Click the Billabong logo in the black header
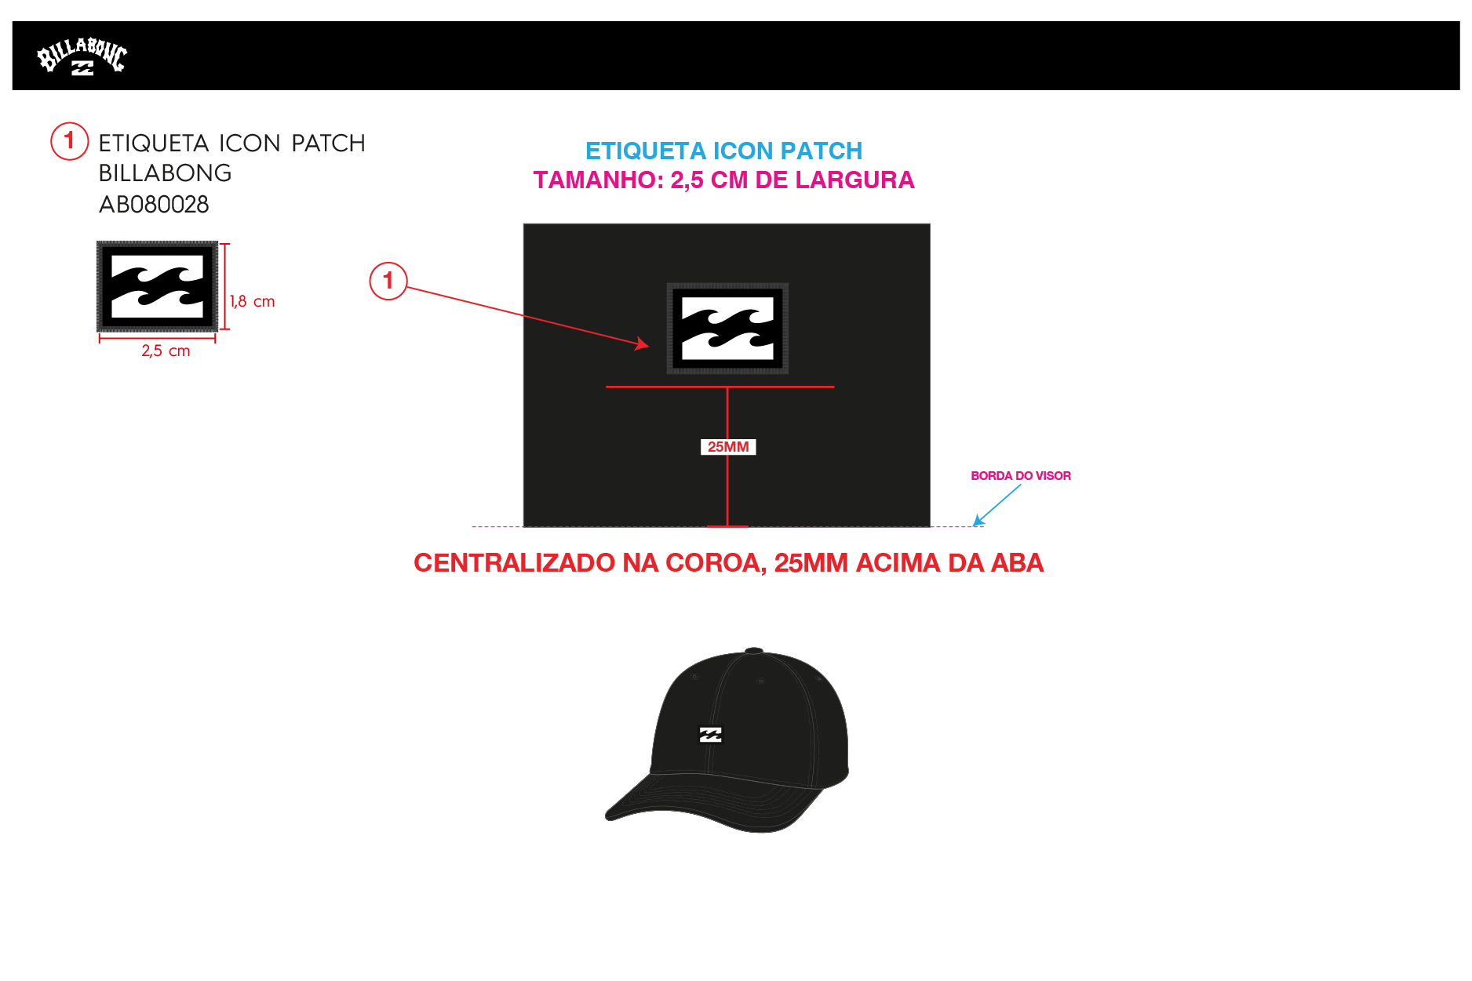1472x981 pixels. [82, 56]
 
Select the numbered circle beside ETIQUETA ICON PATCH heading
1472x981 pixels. [69, 140]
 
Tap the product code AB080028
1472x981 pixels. [154, 205]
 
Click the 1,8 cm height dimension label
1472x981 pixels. [252, 302]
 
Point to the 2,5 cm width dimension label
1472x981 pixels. [166, 351]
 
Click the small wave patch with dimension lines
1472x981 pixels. [157, 286]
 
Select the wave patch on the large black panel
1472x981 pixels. [727, 329]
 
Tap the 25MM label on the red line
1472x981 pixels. [727, 447]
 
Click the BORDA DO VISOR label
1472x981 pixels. [1020, 476]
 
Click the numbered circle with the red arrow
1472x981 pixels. [388, 281]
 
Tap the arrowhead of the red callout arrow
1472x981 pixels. [643, 343]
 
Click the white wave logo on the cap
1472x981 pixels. [710, 735]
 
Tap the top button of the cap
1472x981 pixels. [753, 650]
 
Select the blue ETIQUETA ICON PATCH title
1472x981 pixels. [723, 151]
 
